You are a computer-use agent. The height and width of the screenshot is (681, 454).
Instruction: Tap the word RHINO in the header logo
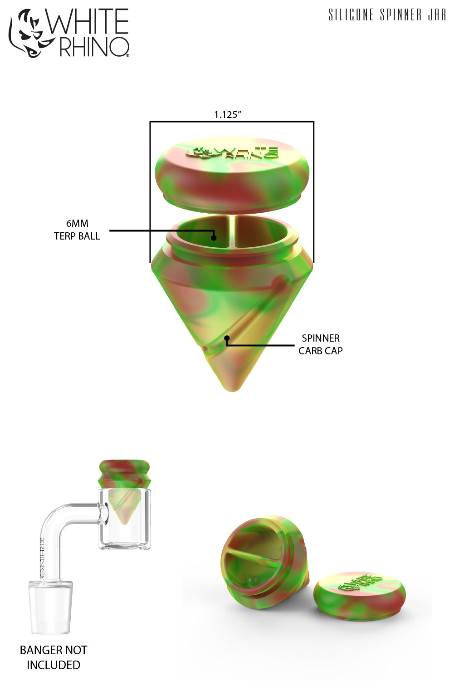[94, 47]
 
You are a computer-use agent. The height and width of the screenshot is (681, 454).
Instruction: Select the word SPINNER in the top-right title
[401, 15]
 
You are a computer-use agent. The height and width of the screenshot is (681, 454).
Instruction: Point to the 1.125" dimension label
[228, 115]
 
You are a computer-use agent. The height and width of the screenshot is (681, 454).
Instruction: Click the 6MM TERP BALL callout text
[77, 230]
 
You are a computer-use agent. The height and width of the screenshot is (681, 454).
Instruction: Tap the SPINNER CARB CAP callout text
[321, 344]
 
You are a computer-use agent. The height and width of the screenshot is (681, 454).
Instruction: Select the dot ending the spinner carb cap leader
[227, 338]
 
